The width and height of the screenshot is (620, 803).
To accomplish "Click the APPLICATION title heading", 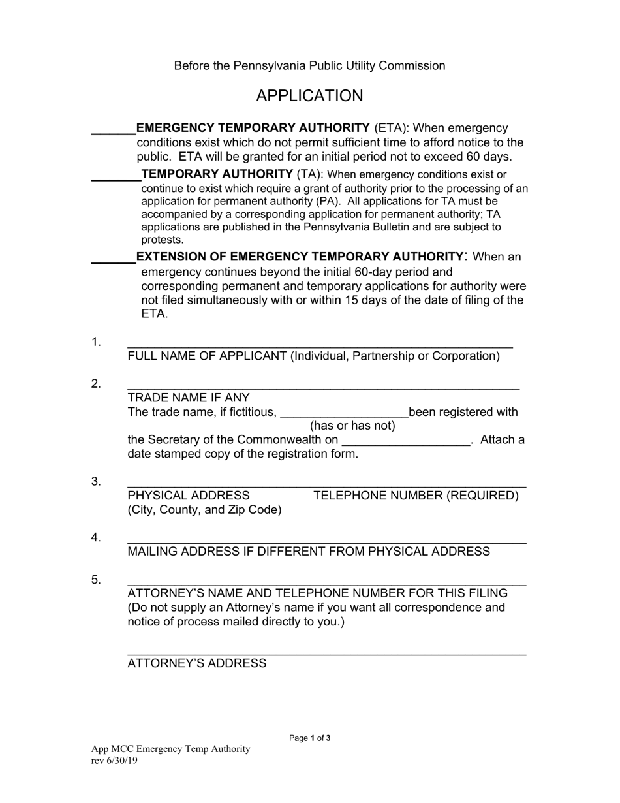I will coord(309,96).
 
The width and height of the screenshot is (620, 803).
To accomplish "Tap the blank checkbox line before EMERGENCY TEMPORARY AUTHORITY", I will coord(113,133).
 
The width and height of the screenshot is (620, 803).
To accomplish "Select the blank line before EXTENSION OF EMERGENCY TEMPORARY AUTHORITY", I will coord(113,262).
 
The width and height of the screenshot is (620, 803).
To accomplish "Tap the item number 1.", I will coord(96,342).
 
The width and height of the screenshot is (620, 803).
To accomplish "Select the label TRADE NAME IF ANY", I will coord(189,398).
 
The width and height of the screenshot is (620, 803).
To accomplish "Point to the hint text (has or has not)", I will coord(352,426).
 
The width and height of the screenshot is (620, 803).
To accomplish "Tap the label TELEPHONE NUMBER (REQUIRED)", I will coord(416,496).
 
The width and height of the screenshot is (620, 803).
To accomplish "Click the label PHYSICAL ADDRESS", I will coord(189,496).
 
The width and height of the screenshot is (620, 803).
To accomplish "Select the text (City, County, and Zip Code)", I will coord(205,510).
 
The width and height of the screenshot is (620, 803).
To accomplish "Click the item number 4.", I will coord(96,537).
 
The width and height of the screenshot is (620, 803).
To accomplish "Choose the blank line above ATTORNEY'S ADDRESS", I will coord(326,653).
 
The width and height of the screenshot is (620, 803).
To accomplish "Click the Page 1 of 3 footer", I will coord(310,738).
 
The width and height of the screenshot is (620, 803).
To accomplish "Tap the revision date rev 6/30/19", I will coord(114,761).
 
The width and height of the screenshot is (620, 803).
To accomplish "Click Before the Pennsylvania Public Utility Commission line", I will coord(309,66).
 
